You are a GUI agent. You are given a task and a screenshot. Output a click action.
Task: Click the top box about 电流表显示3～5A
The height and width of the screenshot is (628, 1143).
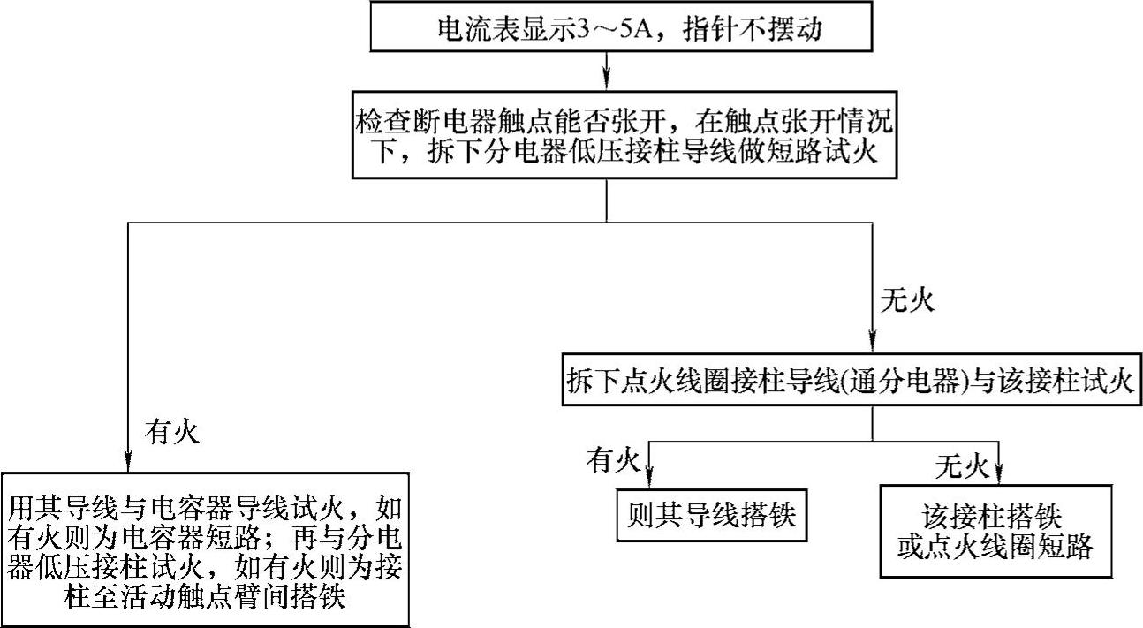pyautogui.click(x=606, y=27)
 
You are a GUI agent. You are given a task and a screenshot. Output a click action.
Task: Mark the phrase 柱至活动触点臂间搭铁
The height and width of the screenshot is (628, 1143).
pyautogui.click(x=205, y=598)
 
